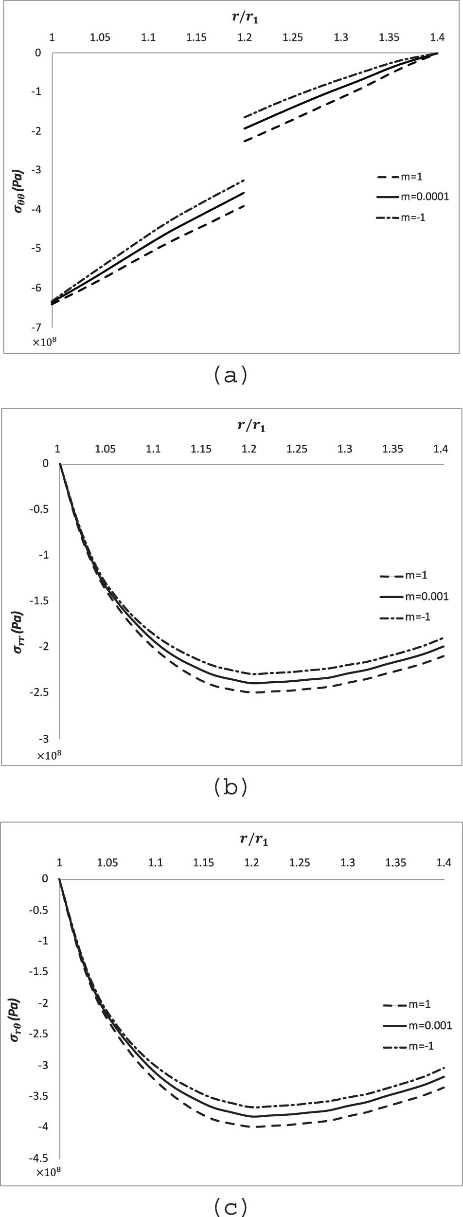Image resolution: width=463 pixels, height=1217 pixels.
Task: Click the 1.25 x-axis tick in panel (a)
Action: (293, 37)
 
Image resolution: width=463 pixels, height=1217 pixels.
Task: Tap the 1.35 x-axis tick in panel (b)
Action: (392, 449)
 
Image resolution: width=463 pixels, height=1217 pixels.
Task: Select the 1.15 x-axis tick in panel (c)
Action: (203, 863)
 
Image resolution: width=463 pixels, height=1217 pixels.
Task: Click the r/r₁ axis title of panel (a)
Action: (245, 18)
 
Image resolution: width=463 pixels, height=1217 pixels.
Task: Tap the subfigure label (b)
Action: (231, 787)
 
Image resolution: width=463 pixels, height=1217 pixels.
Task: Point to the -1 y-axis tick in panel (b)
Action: (44, 555)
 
